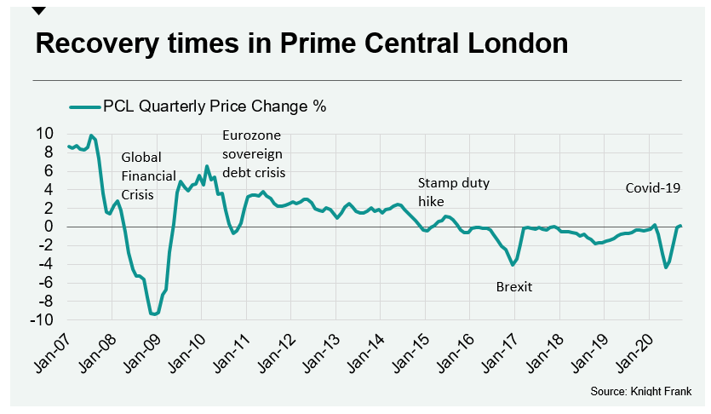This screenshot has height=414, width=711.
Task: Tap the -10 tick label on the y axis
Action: coord(41,319)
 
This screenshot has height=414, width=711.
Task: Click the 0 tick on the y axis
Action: coord(48,227)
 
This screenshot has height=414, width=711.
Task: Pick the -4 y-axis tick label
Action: coord(44,264)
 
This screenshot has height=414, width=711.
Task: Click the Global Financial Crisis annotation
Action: coord(147,175)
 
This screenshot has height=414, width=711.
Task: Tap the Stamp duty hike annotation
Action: coord(453,193)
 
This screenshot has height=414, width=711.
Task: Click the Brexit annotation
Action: coord(513,287)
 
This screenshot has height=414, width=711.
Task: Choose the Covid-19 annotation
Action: coord(653,188)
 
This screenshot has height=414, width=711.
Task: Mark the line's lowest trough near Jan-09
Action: coord(153,314)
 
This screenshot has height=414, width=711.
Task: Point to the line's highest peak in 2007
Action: coord(91,135)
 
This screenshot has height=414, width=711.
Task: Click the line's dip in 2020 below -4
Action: coord(665,267)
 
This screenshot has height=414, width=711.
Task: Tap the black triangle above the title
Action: coord(38,10)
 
